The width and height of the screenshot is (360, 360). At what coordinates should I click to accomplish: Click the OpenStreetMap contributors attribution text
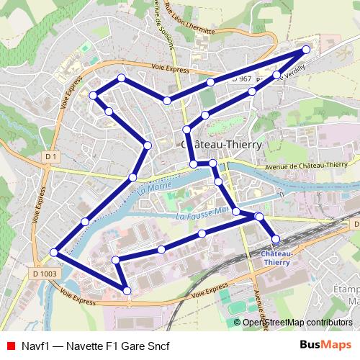(x=297, y=323)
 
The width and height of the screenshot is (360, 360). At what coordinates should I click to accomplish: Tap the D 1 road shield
(x=50, y=156)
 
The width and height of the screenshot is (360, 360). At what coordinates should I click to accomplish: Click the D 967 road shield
(x=241, y=78)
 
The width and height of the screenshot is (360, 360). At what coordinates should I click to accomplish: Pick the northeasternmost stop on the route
(x=306, y=49)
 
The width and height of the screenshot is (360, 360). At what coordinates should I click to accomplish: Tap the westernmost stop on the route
(x=54, y=252)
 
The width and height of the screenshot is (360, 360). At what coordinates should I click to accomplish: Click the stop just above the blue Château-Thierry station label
(x=275, y=238)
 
